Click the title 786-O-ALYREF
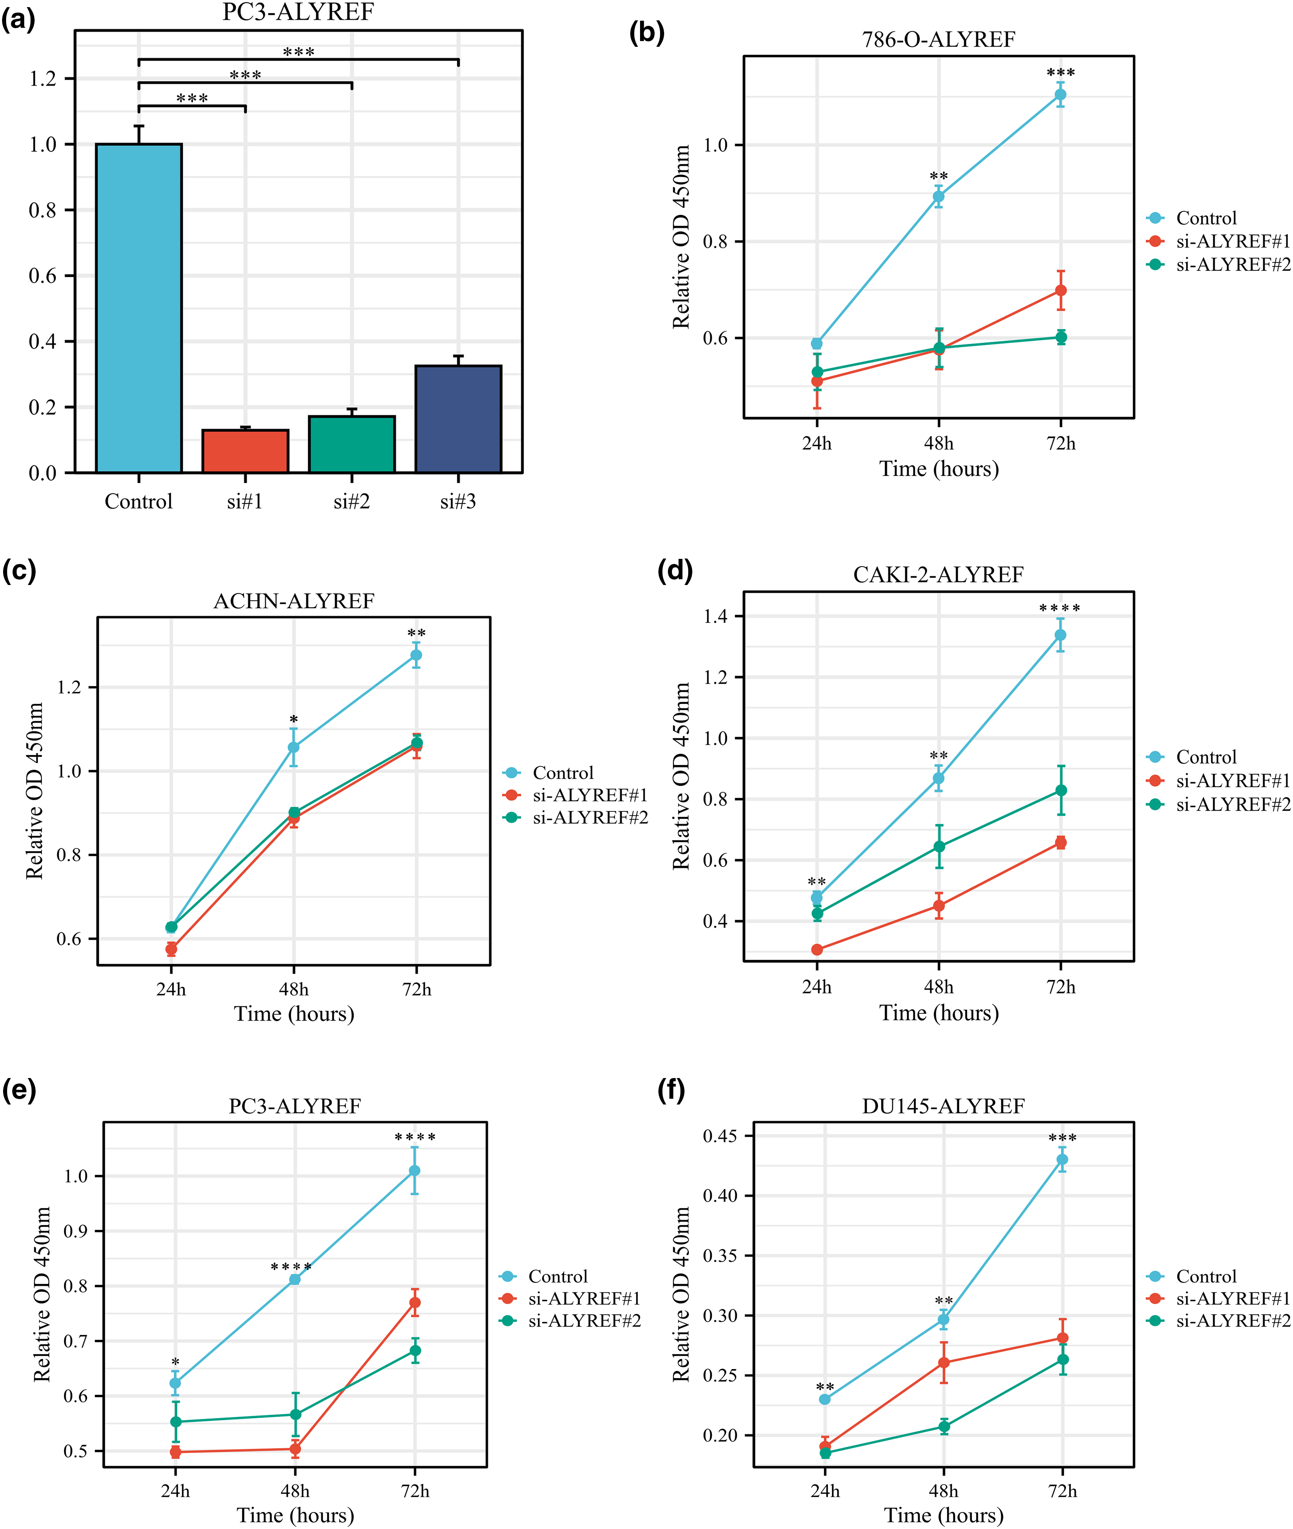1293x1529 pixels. pos(938,40)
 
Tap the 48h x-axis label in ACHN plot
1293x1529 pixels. pos(294,989)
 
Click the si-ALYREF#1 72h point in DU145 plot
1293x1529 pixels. pos(1062,1338)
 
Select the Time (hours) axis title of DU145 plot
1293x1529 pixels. pos(943,1515)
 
